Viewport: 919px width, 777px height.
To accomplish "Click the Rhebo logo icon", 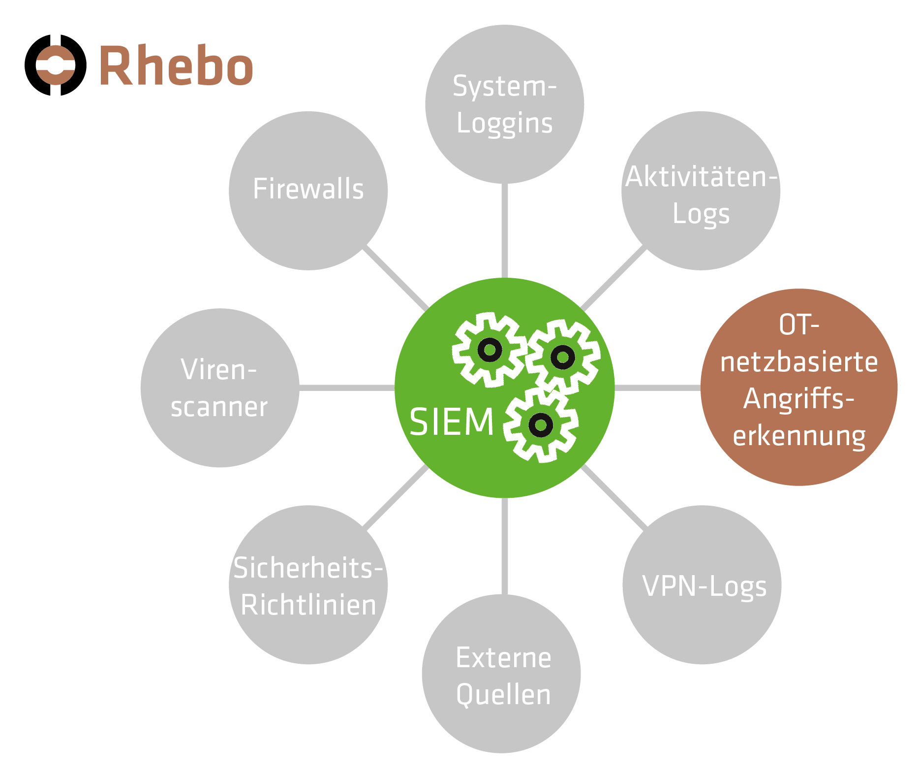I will (56, 65).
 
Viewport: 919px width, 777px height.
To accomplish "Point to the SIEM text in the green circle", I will (451, 422).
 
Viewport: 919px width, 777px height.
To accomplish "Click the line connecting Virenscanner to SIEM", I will (347, 388).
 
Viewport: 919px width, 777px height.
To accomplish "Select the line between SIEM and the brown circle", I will (657, 388).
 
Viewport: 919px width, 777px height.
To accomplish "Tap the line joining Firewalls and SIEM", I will (395, 279).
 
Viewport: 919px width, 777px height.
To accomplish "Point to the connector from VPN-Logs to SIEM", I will (613, 497).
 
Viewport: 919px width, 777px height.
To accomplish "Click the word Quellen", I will (503, 694).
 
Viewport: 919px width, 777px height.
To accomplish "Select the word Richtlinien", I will (308, 605).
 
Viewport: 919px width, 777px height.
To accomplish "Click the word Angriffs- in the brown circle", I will (798, 398).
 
